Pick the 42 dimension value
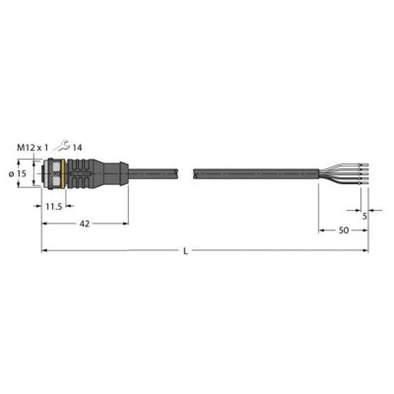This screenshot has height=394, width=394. pos(86,224)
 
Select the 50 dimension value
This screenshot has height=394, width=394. pos(341,230)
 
